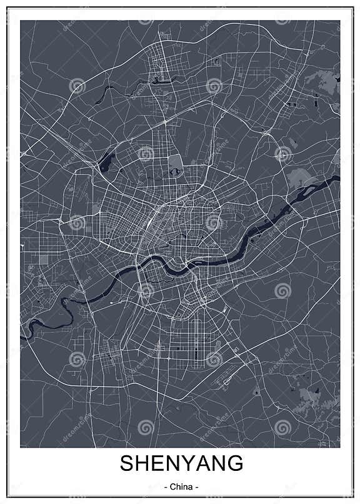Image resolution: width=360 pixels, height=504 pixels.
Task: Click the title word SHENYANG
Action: coord(180,465)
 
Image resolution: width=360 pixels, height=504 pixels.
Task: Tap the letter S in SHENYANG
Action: coord(127,465)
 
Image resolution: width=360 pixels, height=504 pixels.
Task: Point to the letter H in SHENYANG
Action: coord(142,465)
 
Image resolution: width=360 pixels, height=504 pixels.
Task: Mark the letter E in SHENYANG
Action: coord(158,465)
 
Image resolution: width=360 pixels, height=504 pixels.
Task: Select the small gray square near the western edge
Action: coord(44,258)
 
